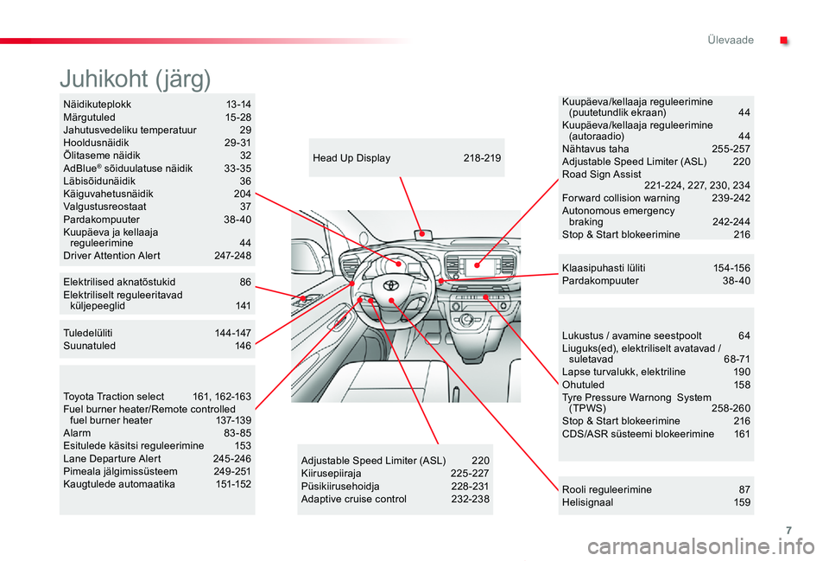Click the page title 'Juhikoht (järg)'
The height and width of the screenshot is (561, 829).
point(136,79)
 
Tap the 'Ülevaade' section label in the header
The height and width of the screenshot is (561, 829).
point(731,41)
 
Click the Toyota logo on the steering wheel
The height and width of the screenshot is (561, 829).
point(390,285)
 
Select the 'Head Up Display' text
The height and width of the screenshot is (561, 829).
point(351,157)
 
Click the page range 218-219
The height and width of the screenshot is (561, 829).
point(482,157)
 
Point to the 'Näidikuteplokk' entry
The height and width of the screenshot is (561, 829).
point(98,105)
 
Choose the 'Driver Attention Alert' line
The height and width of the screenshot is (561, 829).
point(111,256)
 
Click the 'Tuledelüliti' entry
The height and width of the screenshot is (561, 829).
point(88,333)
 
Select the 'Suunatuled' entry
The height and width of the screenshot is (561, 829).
point(89,346)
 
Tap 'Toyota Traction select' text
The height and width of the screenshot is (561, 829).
point(114,397)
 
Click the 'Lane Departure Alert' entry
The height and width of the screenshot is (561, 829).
point(112,458)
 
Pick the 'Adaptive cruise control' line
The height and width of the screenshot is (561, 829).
point(354,499)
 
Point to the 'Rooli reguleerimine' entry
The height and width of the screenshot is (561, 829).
point(606,489)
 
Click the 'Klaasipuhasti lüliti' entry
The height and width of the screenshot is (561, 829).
point(604,268)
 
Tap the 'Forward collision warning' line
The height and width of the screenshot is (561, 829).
point(621,198)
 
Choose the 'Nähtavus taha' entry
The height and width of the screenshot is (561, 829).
point(595,149)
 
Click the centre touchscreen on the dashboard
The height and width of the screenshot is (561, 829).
point(477,265)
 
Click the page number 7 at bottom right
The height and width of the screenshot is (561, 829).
point(788,530)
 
